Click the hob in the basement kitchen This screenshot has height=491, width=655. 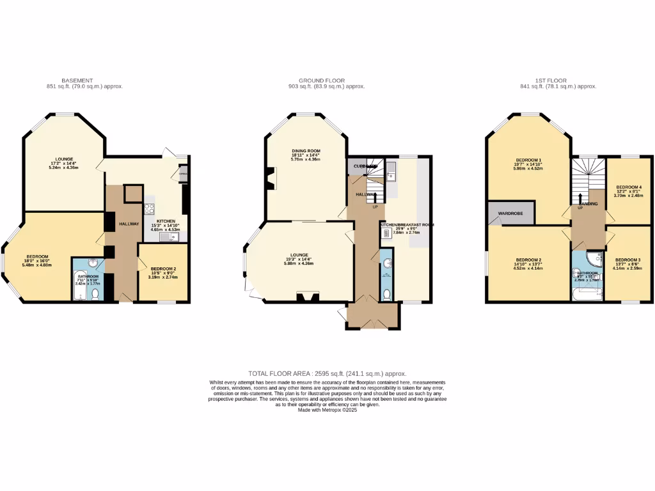pyautogui.click(x=150, y=208)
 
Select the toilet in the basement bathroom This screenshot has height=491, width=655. pyautogui.click(x=96, y=293)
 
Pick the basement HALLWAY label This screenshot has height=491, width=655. pyautogui.click(x=129, y=223)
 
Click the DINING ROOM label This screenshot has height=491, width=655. pyautogui.click(x=304, y=150)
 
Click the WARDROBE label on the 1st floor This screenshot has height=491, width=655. pyautogui.click(x=510, y=213)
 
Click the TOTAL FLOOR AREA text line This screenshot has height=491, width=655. pyautogui.click(x=327, y=373)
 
